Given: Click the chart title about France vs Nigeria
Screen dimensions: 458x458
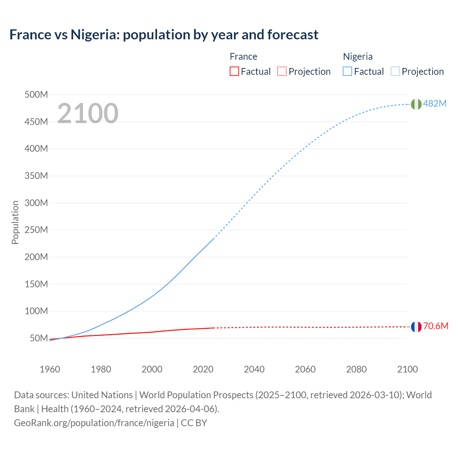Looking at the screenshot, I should pyautogui.click(x=164, y=35).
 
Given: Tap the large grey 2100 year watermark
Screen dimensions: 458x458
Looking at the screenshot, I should pyautogui.click(x=88, y=113).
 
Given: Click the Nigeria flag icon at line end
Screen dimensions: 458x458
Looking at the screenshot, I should pyautogui.click(x=416, y=104).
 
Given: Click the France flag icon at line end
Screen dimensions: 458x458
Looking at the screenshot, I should pyautogui.click(x=416, y=327).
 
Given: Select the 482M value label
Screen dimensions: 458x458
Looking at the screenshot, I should pyautogui.click(x=435, y=103).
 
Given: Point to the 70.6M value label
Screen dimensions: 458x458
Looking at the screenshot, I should pyautogui.click(x=435, y=326).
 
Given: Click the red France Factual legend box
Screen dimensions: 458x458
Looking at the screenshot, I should pyautogui.click(x=234, y=71).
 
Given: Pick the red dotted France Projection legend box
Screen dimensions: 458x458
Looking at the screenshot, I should pyautogui.click(x=282, y=71).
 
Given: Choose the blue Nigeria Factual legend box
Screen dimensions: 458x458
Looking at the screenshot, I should pyautogui.click(x=347, y=71).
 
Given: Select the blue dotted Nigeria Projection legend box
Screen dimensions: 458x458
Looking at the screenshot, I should pyautogui.click(x=395, y=71).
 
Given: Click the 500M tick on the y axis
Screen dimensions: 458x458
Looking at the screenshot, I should pyautogui.click(x=36, y=95).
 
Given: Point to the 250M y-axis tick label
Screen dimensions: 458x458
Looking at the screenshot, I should pyautogui.click(x=36, y=230).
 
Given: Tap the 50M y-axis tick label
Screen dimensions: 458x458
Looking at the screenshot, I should pyautogui.click(x=38, y=338).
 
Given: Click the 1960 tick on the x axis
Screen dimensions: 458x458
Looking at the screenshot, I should pyautogui.click(x=50, y=369).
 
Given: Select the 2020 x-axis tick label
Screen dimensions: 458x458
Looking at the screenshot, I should pyautogui.click(x=203, y=369).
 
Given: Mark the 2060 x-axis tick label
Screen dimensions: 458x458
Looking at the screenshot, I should pyautogui.click(x=305, y=369).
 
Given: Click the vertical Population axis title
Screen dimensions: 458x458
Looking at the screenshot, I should pyautogui.click(x=15, y=222).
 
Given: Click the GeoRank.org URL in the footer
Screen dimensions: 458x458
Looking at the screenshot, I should pyautogui.click(x=94, y=423).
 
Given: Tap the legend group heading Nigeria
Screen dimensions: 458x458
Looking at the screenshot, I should pyautogui.click(x=358, y=57).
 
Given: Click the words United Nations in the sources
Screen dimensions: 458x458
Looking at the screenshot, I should pyautogui.click(x=102, y=395).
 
